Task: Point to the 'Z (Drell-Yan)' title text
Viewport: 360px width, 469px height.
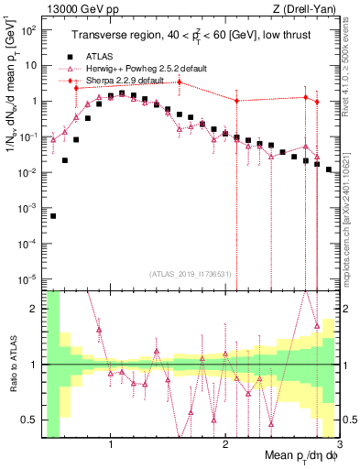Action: coord(309,10)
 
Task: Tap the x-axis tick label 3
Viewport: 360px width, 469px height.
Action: coord(339,445)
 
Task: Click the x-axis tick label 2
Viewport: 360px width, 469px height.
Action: coord(225,445)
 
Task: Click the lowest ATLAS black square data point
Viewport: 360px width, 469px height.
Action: coord(53,216)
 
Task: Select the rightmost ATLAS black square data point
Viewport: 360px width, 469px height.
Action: coord(328,169)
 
